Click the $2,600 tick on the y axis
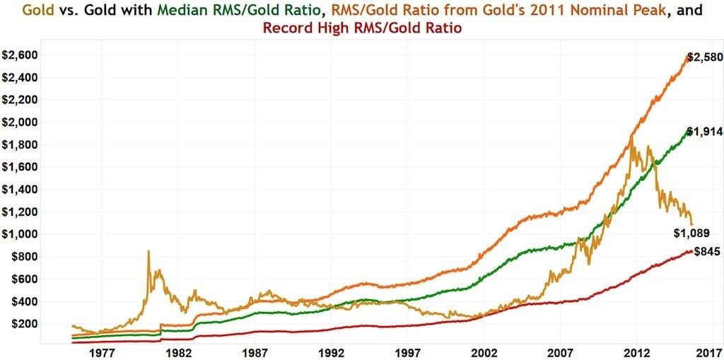19,54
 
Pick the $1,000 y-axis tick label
19,234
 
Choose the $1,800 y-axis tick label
19,144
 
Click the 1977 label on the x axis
102,352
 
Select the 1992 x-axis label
332,352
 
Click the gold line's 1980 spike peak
148,251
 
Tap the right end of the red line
691,251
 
